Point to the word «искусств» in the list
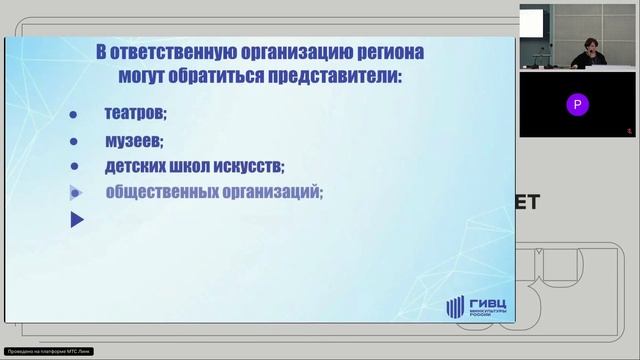click(250, 167)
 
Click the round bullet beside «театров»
click(74, 115)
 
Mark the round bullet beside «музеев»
click(74, 142)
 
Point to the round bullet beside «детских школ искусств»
click(74, 168)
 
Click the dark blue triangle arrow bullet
click(77, 220)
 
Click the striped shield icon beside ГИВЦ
click(455, 308)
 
